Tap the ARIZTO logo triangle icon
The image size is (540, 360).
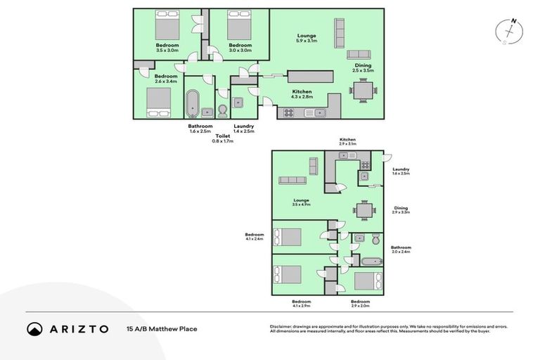[x=34, y=329]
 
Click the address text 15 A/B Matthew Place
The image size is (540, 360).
[x=162, y=328]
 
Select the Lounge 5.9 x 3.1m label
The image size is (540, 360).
[x=306, y=39]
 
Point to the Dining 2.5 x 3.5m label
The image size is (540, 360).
[x=364, y=68]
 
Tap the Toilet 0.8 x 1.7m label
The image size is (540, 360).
[x=222, y=139]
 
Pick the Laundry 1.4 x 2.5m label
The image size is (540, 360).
[x=243, y=129]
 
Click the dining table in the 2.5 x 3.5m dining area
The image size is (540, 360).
[x=364, y=91]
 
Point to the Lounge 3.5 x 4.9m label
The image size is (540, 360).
[x=302, y=202]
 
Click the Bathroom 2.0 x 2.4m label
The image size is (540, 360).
[x=401, y=250]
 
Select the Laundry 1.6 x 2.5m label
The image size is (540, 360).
[x=401, y=171]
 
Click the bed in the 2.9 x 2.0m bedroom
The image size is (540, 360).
[x=367, y=281]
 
